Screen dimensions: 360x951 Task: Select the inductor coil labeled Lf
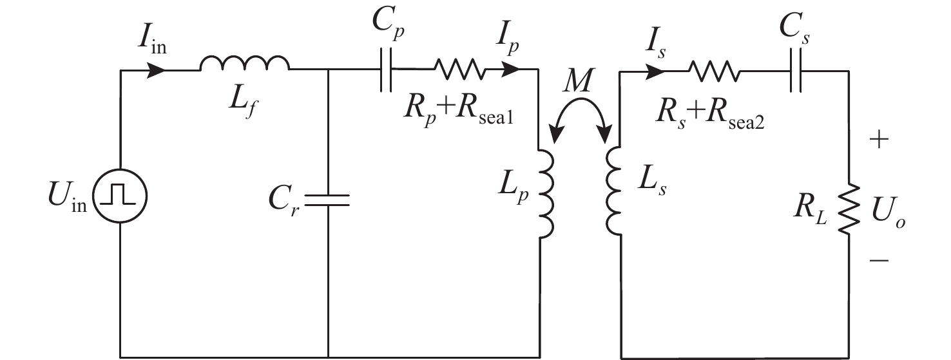[244, 64]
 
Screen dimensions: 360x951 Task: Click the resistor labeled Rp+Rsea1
[459, 68]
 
